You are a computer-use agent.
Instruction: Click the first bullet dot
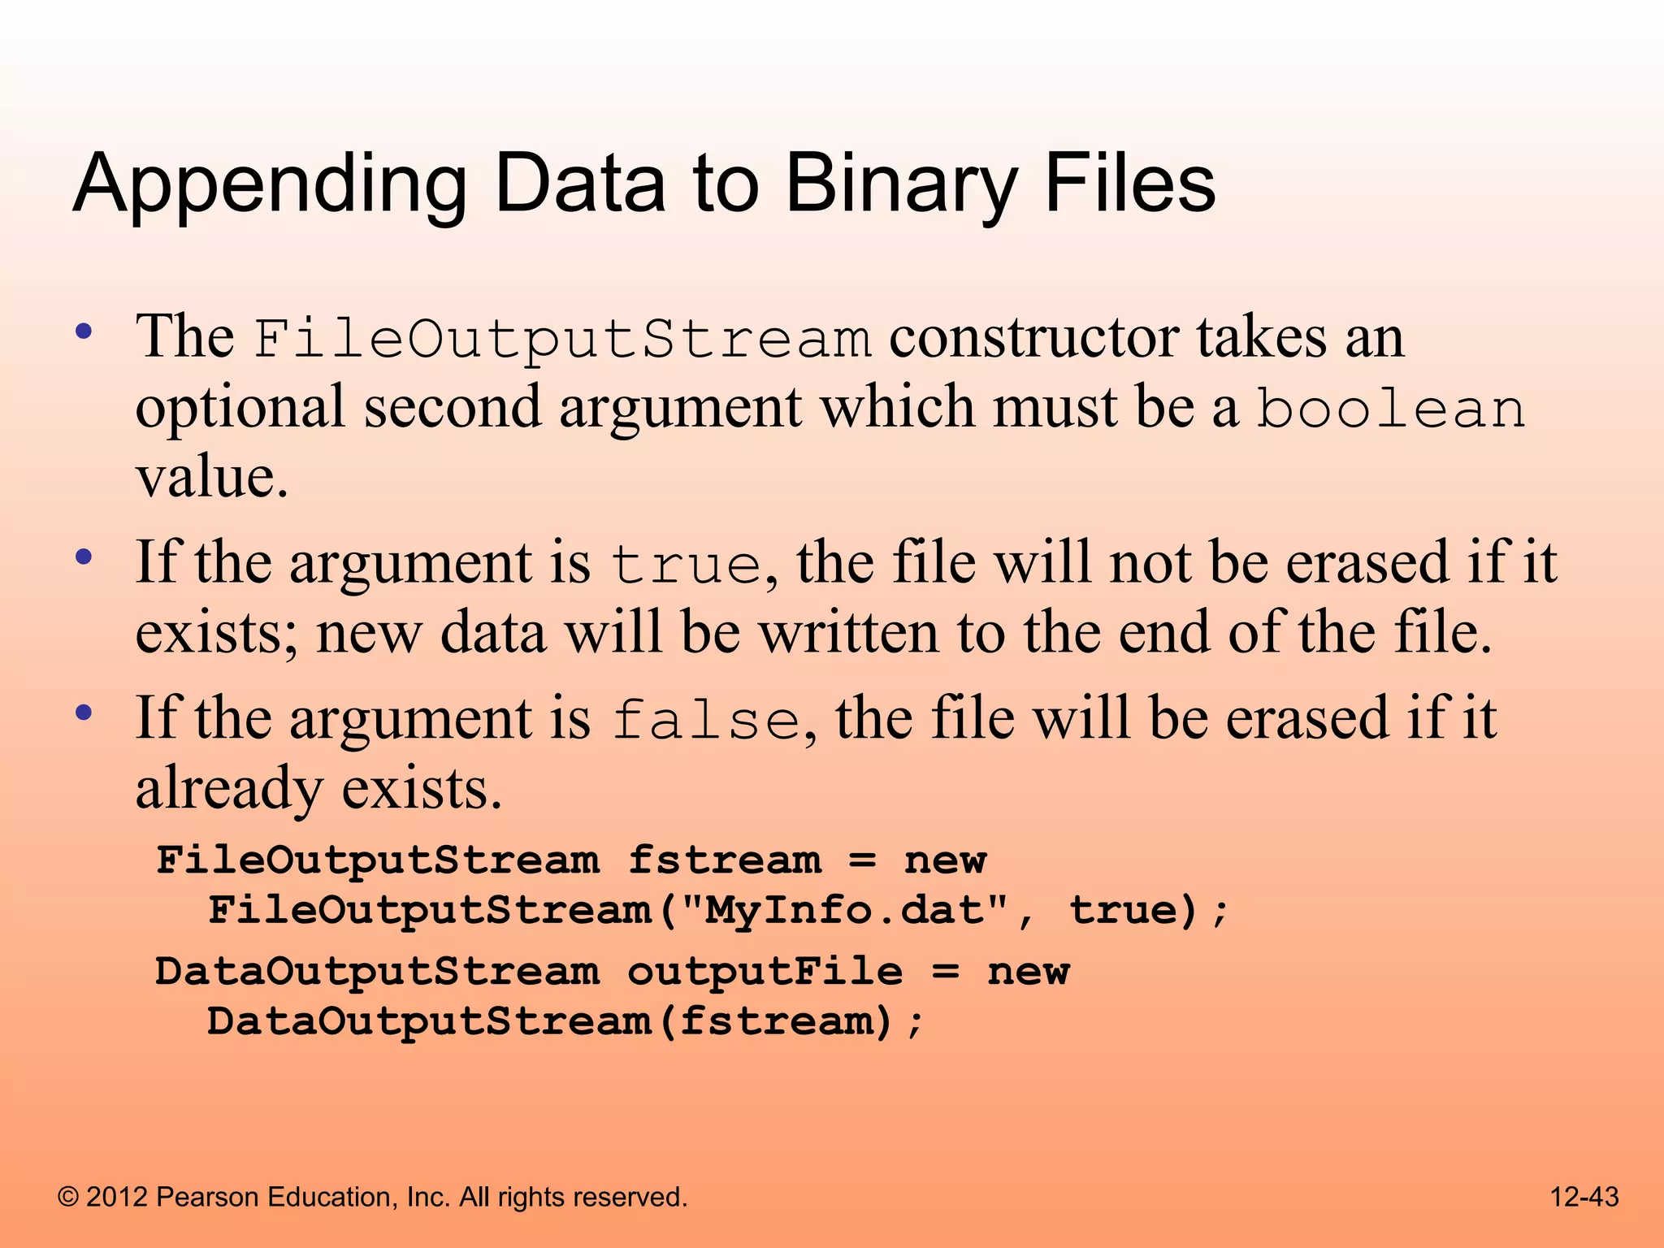(x=83, y=332)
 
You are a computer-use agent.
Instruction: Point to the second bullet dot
(x=83, y=558)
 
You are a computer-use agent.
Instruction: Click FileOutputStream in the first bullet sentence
(x=562, y=338)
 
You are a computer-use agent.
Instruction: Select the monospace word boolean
(x=1391, y=408)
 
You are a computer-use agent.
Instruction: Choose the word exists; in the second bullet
(x=217, y=632)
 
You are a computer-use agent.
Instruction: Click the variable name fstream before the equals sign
(x=725, y=860)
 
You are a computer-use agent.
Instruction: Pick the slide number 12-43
(x=1584, y=1197)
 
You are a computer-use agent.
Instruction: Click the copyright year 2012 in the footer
(x=117, y=1197)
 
